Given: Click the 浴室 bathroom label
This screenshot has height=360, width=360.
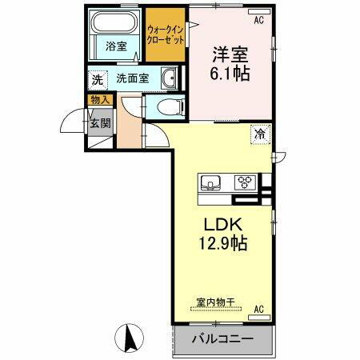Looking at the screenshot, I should (x=116, y=46).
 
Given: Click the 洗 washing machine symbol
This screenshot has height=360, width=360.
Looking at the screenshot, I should (x=97, y=79).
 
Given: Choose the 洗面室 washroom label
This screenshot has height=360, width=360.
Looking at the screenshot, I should (x=133, y=79).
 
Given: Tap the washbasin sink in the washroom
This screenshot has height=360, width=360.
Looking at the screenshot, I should (x=170, y=78).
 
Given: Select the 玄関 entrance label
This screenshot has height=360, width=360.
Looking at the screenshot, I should (x=99, y=122).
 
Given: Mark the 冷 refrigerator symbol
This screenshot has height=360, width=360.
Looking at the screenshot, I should (x=260, y=135).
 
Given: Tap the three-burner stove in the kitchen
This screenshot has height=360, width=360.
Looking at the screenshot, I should (x=242, y=181).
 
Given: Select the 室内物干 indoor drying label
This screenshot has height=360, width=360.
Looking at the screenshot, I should (x=215, y=302).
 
